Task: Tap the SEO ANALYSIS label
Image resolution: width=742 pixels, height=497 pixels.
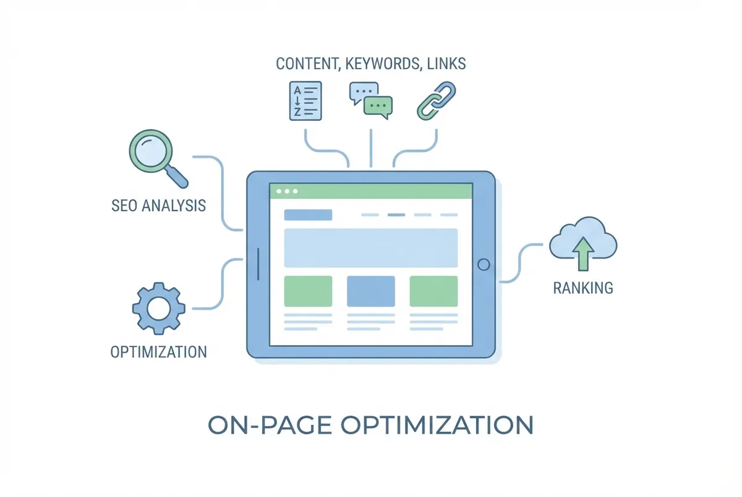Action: [x=158, y=205]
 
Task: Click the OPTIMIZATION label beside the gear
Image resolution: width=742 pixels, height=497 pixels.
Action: [x=158, y=352]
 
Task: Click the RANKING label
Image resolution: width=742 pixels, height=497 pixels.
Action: [x=583, y=288]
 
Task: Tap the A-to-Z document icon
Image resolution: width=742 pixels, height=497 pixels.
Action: [x=305, y=100]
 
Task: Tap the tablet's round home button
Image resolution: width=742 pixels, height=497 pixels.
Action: [x=484, y=264]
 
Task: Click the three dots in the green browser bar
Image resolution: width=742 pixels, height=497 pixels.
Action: [x=287, y=191]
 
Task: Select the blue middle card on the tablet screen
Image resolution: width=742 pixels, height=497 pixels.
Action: [x=371, y=291]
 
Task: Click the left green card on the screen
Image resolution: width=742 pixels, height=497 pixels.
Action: [x=308, y=291]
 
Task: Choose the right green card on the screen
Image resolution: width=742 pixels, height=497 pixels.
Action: [x=433, y=291]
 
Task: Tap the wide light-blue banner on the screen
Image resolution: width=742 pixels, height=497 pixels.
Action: [x=371, y=248]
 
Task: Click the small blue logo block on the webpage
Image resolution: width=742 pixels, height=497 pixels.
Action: [x=308, y=215]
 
